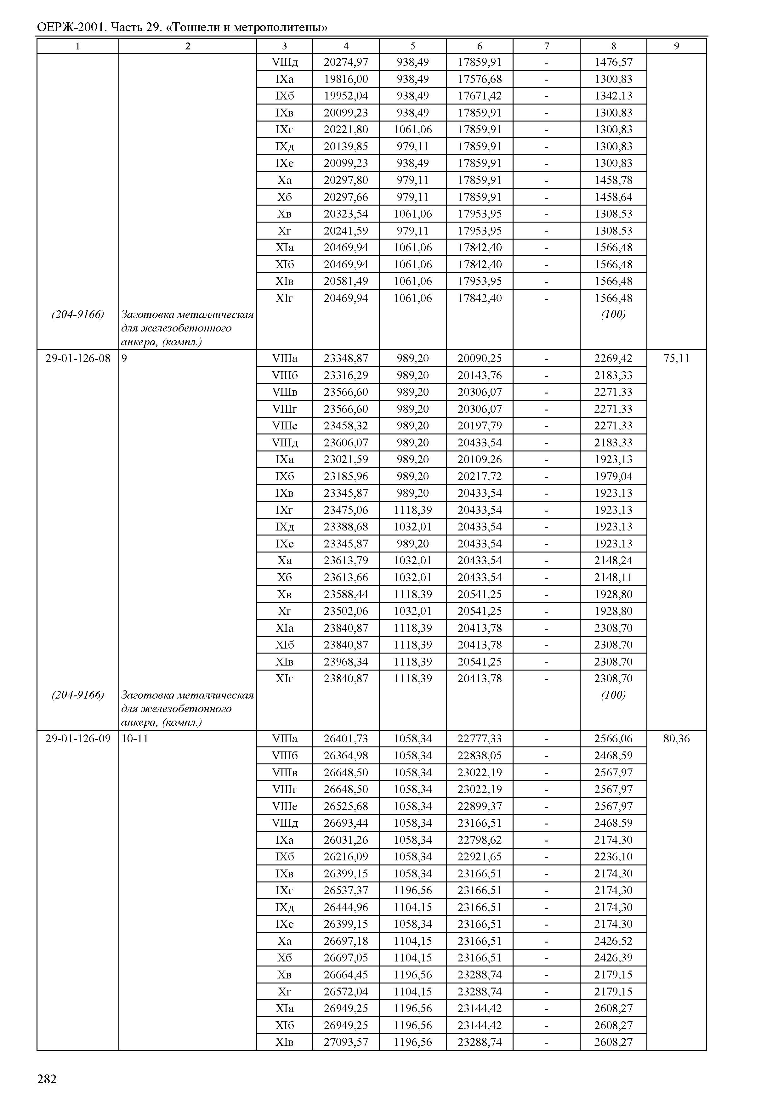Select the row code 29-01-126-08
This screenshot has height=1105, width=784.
pos(78,358)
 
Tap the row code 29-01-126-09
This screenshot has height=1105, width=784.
pos(78,739)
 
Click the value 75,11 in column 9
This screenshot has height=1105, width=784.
pos(676,358)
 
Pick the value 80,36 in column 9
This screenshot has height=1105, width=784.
pos(676,739)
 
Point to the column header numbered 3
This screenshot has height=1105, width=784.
pos(284,46)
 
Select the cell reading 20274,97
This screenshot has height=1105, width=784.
pos(346,62)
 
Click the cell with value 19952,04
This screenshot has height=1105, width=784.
pos(346,96)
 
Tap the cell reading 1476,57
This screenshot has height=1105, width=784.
pos(613,62)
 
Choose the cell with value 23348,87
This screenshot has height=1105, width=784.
pos(346,358)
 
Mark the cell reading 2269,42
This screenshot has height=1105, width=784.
pos(613,358)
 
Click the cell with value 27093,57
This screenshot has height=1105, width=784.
pos(346,1042)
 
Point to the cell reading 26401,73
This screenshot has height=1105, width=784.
pos(346,739)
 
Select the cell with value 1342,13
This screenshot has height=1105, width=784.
pos(613,96)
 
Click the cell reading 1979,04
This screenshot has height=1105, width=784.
pos(613,476)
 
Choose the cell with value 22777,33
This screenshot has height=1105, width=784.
pos(480,739)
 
